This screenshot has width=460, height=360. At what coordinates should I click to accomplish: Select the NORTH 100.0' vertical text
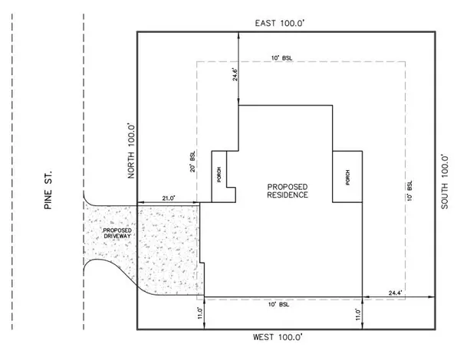130,152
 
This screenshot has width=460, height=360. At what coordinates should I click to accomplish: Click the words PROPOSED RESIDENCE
287,191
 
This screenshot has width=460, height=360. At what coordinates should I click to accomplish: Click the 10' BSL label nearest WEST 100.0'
282,305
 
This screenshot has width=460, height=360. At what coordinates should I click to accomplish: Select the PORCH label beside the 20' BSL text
220,175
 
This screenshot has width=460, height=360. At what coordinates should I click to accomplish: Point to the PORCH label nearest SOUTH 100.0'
347,175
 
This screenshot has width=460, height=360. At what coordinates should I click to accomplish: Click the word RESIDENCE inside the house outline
288,195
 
